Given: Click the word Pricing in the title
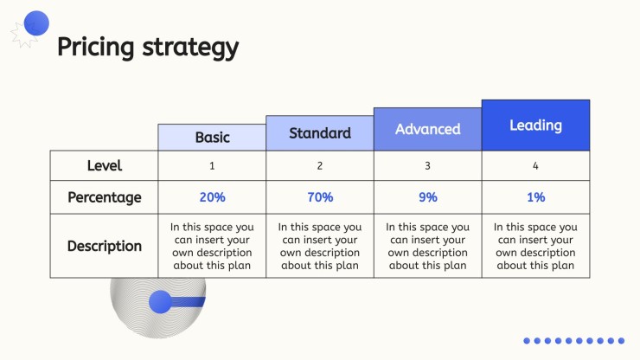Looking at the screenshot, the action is coord(95,48).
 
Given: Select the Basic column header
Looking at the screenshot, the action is coord(212,138).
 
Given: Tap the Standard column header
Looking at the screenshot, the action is coord(320,133).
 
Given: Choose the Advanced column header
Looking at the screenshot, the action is coord(428,129).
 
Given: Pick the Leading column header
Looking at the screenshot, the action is coord(535,125).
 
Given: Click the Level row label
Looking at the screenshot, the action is coord(105,165).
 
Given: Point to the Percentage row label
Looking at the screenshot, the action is coord(105,197).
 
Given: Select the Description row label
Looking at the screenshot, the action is coord(105,246).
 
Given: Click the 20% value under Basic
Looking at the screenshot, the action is coord(212,197).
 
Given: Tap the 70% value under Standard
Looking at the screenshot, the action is coord(320,197).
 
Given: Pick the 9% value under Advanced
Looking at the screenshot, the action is coord(428,197).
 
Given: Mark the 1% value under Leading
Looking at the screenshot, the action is coord(536,197).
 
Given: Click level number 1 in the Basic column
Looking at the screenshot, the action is coord(212,166).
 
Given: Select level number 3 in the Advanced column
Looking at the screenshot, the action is coord(427,166).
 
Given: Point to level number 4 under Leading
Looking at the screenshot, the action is coord(535,166).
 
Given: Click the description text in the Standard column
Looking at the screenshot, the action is coord(320,246).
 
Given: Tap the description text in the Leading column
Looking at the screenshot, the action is coord(535,246).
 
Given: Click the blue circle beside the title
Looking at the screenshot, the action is coord(36,23).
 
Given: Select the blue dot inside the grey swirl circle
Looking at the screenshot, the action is coord(160,302).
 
